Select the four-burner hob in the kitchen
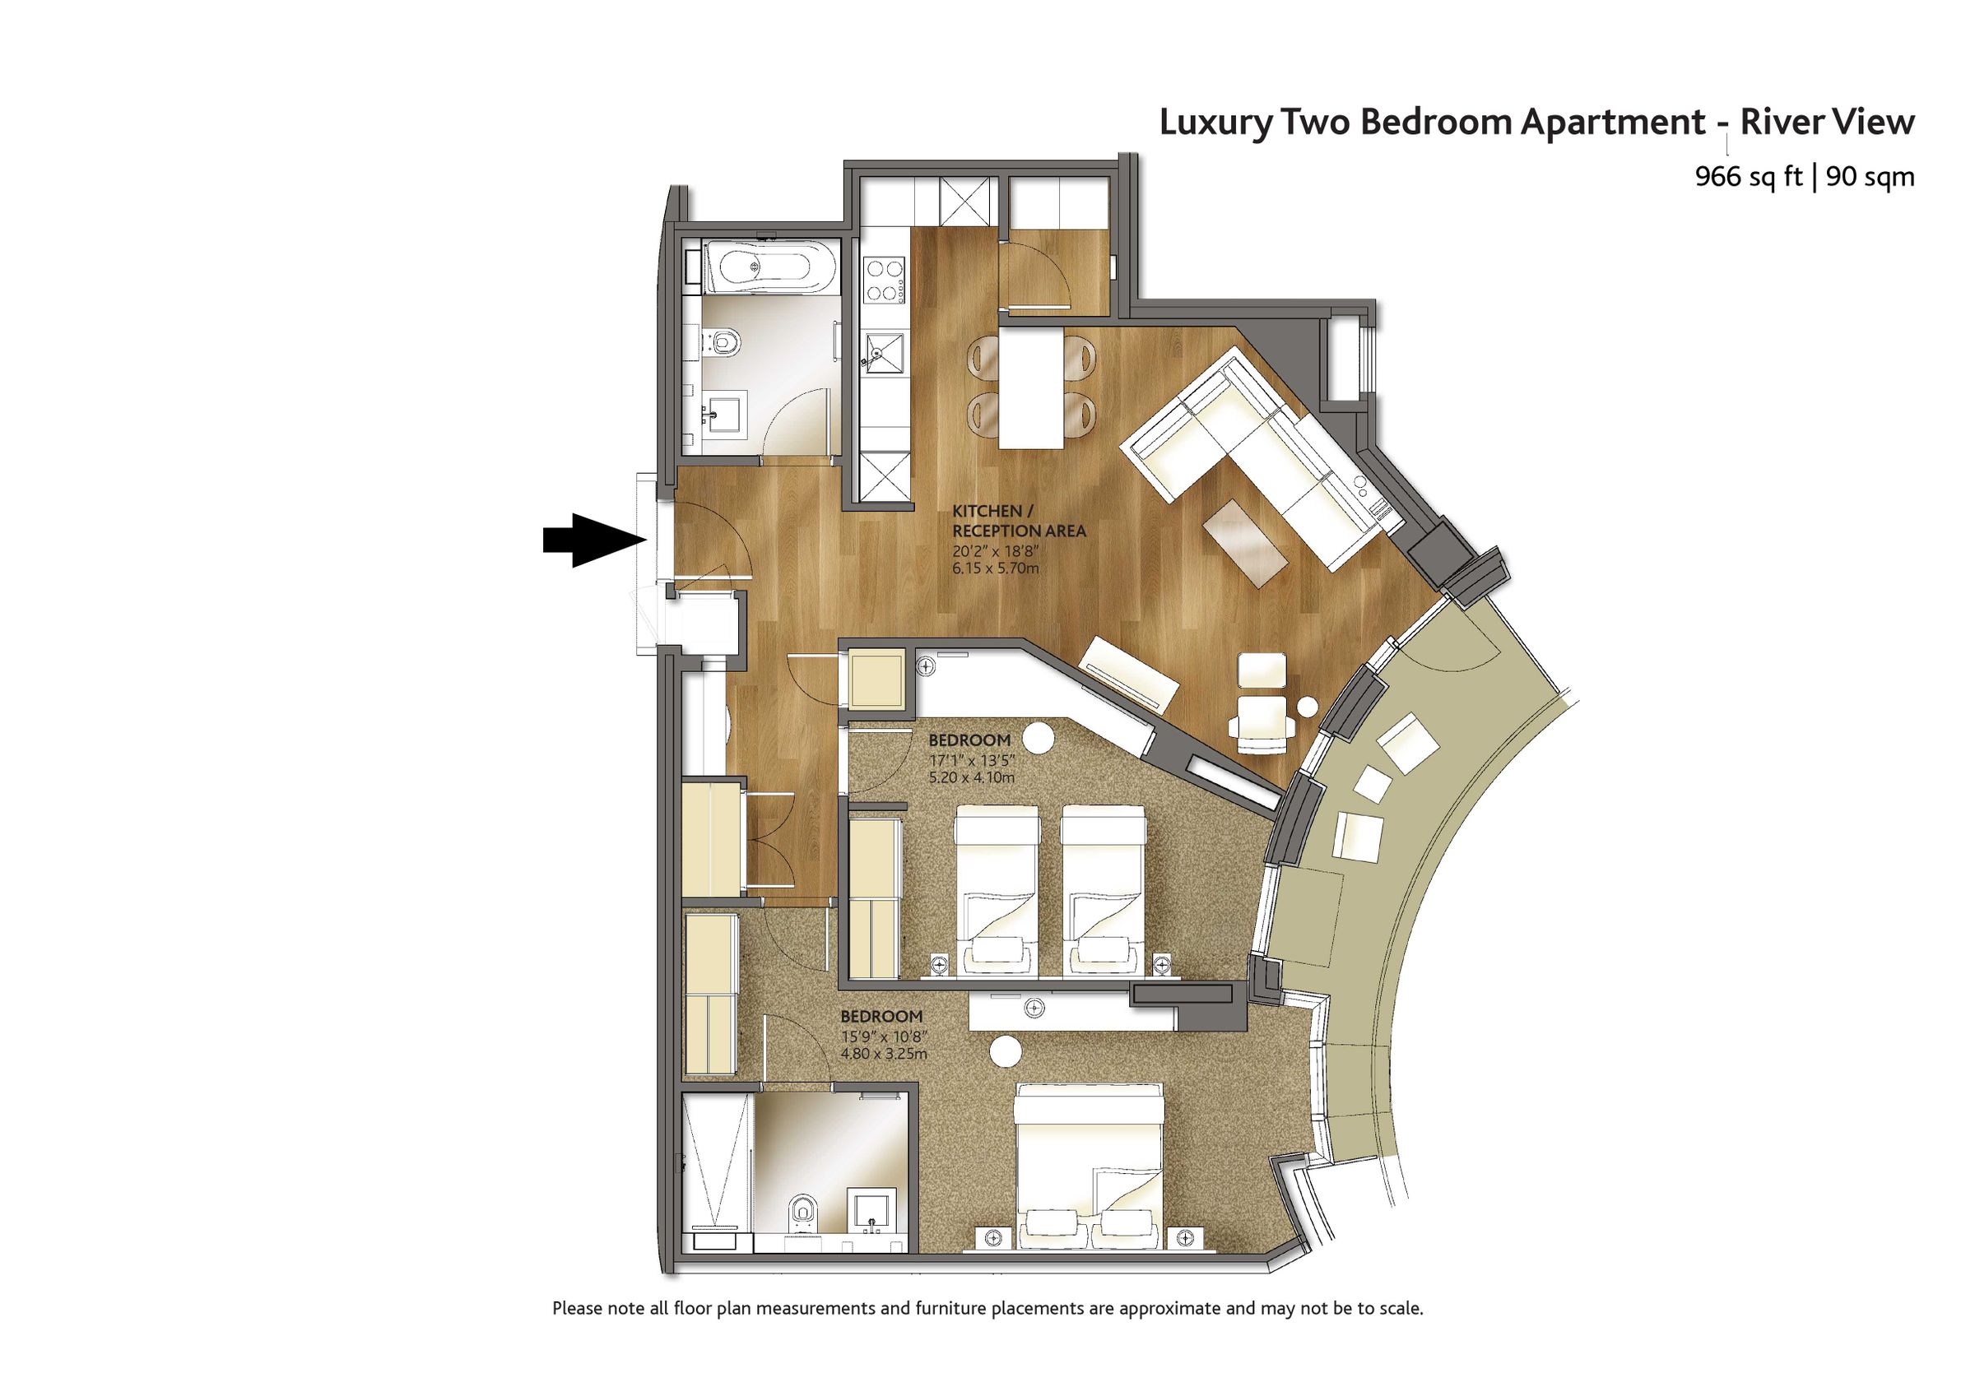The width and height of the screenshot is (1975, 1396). (884, 280)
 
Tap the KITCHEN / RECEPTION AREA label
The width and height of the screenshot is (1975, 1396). (1018, 522)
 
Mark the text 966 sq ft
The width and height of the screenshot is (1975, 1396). (1748, 177)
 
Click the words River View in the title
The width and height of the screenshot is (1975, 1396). (1827, 122)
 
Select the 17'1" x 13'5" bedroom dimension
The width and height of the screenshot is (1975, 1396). (971, 760)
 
